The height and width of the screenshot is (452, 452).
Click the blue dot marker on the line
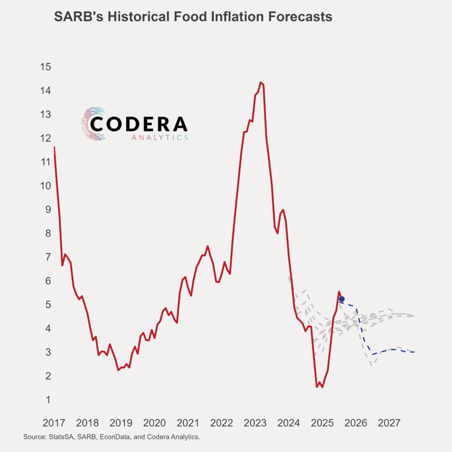pyautogui.click(x=341, y=299)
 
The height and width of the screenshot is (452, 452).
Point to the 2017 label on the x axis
pyautogui.click(x=54, y=423)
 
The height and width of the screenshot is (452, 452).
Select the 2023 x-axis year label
pyautogui.click(x=255, y=423)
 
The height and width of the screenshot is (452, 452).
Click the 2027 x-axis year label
pyautogui.click(x=389, y=423)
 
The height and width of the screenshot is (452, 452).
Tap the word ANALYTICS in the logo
pyautogui.click(x=160, y=138)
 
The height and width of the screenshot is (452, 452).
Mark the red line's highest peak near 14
pyautogui.click(x=261, y=82)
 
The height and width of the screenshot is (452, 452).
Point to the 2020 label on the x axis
pyautogui.click(x=154, y=423)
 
